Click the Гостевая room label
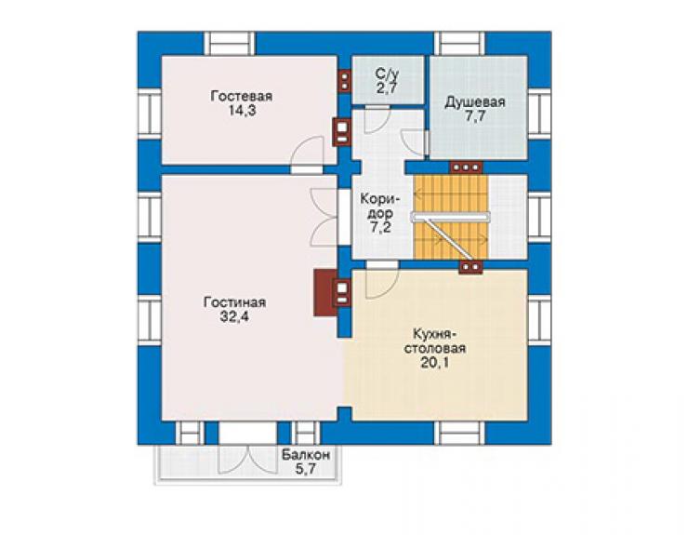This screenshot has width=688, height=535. coord(242,96)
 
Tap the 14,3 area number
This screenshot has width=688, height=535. coord(242,110)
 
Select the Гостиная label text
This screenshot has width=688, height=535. coord(234,302)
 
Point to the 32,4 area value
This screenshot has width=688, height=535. coord(234,316)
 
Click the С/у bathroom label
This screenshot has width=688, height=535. coord(387,74)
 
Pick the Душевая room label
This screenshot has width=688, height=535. coord(475,102)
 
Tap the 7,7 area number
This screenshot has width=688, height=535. coord(475,116)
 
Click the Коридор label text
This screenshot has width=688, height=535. coord(380,207)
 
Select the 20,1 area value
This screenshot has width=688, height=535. coord(434,363)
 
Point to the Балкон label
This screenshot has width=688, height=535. coord(306,455)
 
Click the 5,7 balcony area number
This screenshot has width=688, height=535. coord(306,469)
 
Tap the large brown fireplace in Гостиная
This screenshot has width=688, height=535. coord(325,292)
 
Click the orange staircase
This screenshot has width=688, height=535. coord(451,217)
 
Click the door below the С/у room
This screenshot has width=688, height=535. coord(377,118)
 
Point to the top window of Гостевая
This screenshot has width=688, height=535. coord(230,43)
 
